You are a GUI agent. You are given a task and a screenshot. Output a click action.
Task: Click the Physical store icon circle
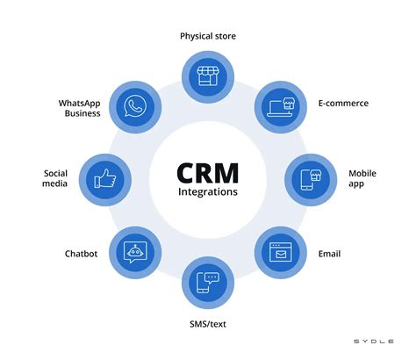207,76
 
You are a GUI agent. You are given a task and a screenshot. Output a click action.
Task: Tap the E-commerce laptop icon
280,105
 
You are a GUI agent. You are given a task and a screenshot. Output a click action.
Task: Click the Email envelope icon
280,252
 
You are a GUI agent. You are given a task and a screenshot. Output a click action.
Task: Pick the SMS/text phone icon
207,282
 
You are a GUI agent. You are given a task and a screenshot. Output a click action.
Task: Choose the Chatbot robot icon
134,252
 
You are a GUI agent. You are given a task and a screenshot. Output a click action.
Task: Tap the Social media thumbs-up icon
104,178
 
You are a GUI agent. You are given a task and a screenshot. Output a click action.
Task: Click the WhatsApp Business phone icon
134,105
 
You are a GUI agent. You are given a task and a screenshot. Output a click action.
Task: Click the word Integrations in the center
207,191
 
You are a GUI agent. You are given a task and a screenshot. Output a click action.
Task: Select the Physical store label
208,36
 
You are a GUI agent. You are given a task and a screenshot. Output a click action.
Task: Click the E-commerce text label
344,103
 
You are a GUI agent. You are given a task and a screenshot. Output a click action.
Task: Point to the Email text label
330,254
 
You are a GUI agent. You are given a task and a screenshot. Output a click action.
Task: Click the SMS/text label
207,324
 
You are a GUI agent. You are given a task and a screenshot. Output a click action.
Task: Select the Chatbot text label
80,254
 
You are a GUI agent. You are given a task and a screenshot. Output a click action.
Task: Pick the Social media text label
55,179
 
